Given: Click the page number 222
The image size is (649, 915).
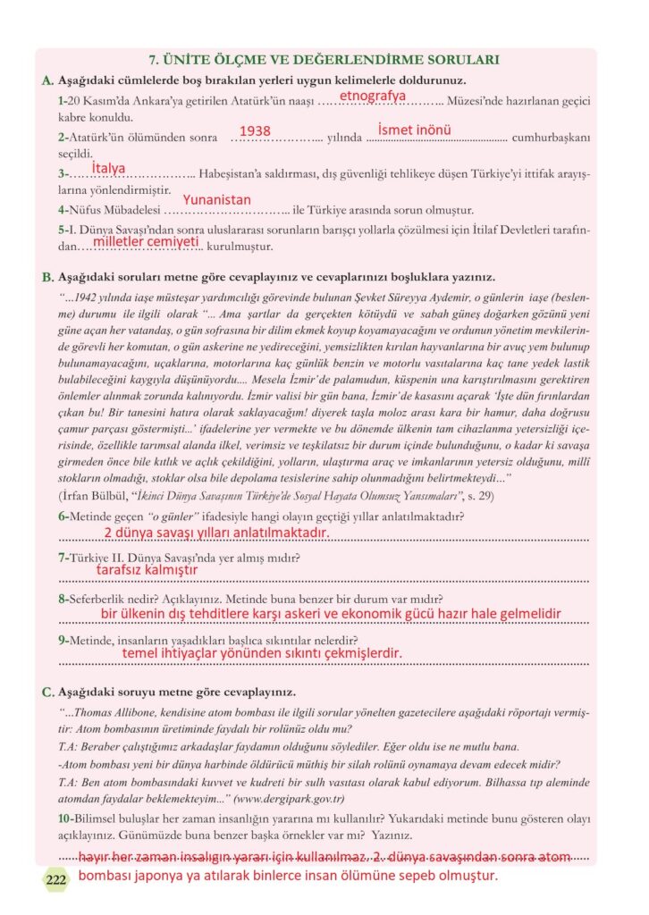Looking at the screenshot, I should point(56,879).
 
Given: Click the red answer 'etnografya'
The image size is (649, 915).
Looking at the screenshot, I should point(372,95).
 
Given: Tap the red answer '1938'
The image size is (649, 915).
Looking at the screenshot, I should point(255,131).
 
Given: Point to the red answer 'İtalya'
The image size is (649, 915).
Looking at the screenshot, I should point(109,168).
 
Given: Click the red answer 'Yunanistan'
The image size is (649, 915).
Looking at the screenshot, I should point(217,200).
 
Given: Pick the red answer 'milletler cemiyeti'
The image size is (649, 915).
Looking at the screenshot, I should point(146,241).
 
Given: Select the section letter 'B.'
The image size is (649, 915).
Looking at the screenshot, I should point(48,277).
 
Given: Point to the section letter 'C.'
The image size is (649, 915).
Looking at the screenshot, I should point(48,693).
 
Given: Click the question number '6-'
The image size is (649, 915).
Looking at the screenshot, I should point(64,516).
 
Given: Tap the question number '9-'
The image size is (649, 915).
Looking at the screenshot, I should point(64,640).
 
